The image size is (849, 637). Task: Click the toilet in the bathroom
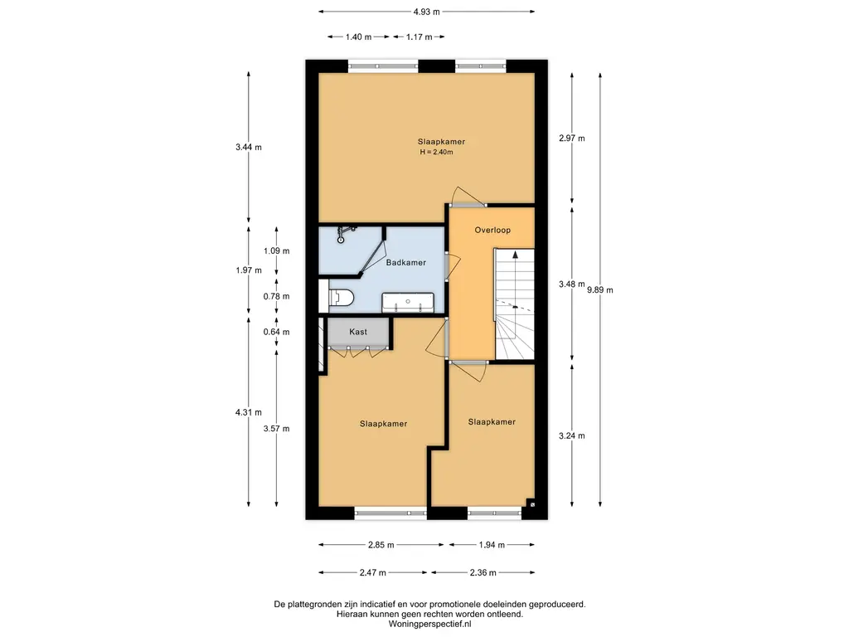(x=341, y=299)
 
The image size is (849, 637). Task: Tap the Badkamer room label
(x=405, y=263)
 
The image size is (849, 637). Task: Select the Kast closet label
(x=358, y=332)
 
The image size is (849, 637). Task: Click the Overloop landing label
(x=492, y=231)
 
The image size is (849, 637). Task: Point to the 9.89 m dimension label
(x=600, y=289)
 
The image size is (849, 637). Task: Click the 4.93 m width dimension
(x=427, y=12)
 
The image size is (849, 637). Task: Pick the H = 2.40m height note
(x=436, y=153)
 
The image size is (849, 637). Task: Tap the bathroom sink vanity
(x=408, y=303)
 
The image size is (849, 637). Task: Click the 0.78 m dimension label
(x=276, y=296)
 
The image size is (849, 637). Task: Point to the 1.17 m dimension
(x=419, y=36)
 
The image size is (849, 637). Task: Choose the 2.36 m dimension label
(x=483, y=572)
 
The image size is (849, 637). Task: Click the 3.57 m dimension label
(x=276, y=429)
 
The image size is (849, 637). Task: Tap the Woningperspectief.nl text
(x=430, y=624)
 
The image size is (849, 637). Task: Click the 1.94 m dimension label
(x=492, y=545)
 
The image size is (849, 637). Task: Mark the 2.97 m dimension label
(x=572, y=139)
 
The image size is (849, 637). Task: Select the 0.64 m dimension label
(x=276, y=332)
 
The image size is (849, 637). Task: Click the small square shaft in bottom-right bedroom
(x=531, y=504)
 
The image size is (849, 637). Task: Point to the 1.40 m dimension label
(x=358, y=36)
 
